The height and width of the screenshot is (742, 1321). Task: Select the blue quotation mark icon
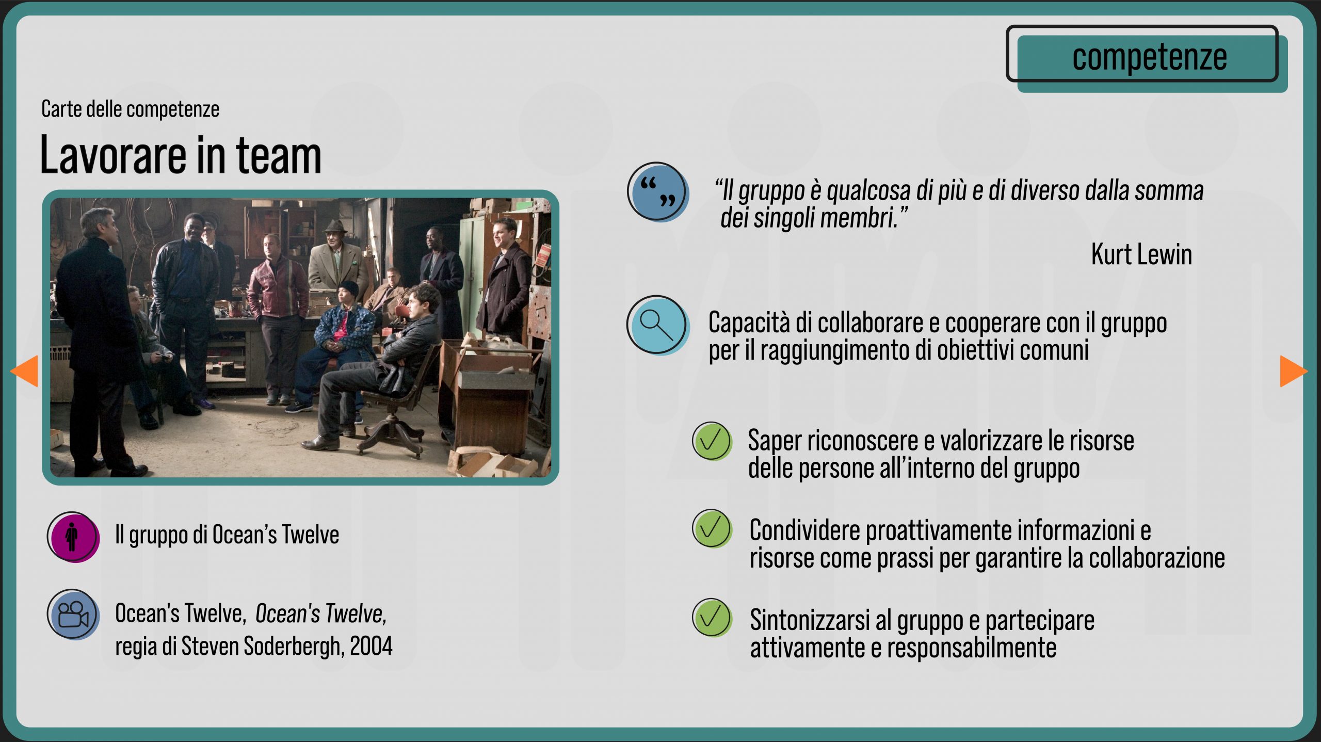658,192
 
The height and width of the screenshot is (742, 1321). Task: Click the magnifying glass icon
658,325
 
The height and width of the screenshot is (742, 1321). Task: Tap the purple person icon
73,537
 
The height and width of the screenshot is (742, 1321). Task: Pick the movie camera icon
73,615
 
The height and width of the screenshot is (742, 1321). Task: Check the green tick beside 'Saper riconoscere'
712,441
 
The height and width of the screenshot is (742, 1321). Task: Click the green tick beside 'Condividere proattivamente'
712,529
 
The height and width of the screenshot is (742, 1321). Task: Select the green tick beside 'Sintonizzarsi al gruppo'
712,618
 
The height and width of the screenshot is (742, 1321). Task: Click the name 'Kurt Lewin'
1141,254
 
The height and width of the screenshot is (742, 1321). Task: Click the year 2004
371,646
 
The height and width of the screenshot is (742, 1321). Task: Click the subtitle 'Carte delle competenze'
130,109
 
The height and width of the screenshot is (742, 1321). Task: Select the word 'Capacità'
749,323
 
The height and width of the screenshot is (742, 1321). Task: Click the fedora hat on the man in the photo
335,227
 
